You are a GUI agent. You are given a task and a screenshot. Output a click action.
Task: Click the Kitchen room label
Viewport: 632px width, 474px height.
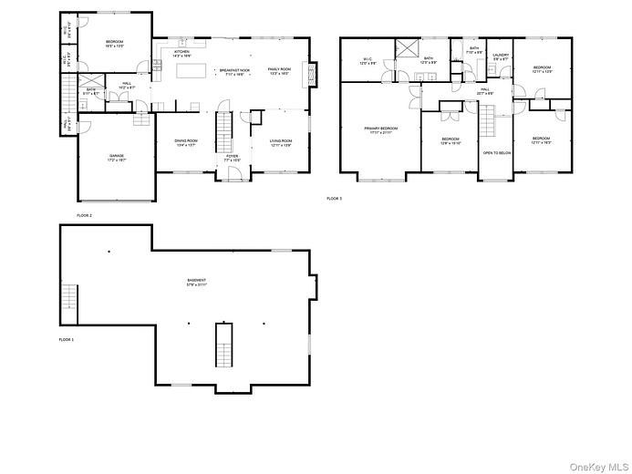181,53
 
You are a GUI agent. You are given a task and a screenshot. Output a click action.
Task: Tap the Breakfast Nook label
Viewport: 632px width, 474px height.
232,72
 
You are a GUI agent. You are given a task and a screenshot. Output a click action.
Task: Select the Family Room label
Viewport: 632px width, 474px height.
279,71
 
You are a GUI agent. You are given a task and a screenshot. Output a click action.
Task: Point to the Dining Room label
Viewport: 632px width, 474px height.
185,142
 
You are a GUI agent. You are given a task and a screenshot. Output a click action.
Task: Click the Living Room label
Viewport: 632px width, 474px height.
279,142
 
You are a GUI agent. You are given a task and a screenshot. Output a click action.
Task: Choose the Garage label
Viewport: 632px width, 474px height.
117,157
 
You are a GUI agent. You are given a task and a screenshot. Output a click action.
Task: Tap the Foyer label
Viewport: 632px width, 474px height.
233,157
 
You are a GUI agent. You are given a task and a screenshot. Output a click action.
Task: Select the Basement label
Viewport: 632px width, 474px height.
196,282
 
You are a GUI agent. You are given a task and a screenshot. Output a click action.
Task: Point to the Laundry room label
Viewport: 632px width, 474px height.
500,57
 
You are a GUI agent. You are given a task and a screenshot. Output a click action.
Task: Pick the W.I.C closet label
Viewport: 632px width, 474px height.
368,62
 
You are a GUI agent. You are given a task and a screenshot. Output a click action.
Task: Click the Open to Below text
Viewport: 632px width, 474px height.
496,153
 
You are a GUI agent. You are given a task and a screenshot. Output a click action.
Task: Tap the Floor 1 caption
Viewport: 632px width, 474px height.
66,339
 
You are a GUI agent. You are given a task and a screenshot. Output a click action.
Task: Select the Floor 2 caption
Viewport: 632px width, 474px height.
84,215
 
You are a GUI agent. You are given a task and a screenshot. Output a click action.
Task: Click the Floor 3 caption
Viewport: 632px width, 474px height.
334,198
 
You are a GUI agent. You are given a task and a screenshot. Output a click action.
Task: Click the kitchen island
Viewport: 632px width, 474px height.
193,70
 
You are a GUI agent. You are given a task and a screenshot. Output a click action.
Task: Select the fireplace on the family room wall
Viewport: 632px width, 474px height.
312,73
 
